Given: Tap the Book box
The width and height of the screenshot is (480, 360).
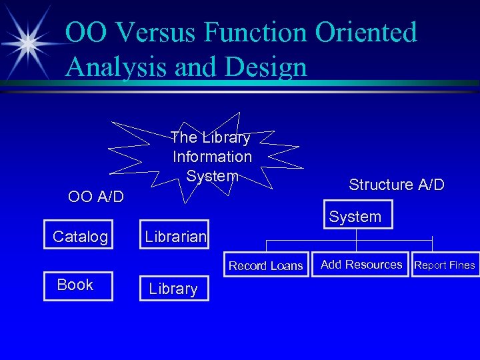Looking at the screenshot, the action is point(78,285).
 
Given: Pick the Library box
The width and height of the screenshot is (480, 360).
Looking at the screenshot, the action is point(173,289).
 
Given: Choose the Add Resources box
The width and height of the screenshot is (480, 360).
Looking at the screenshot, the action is point(361,265).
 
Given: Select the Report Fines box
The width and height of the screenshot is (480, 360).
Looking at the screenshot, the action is point(445,265).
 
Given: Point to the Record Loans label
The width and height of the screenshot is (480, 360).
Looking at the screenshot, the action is point(265,266).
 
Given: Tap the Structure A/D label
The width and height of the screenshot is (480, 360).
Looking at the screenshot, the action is point(396,185).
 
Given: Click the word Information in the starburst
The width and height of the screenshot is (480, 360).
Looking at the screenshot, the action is point(212,157).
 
